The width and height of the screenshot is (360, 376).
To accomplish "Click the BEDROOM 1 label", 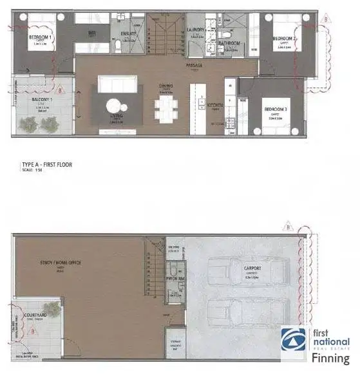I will click(x=41, y=37).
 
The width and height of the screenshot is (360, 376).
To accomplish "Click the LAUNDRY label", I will click(x=195, y=30).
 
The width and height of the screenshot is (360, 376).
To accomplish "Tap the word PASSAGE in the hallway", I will click(x=195, y=65).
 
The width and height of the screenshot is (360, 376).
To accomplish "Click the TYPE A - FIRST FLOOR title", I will click(x=47, y=165).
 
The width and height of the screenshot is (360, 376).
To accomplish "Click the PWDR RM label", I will click(x=174, y=279).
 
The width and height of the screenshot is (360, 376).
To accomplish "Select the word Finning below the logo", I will click(x=330, y=358).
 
